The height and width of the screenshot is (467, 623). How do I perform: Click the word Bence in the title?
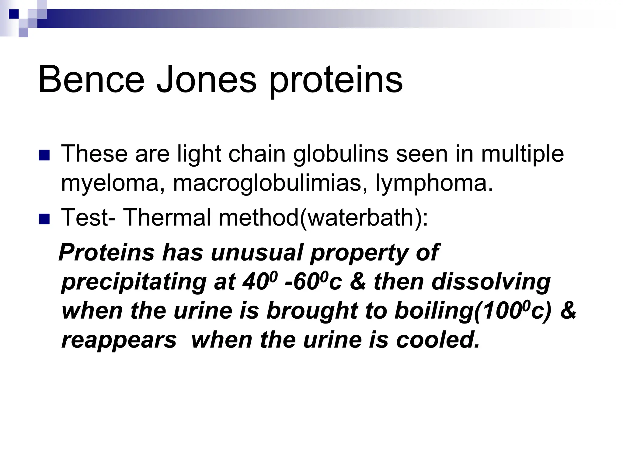click(x=91, y=80)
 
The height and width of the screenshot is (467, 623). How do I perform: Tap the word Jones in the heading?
click(x=207, y=80)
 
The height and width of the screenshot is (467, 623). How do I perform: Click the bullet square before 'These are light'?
click(x=44, y=155)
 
